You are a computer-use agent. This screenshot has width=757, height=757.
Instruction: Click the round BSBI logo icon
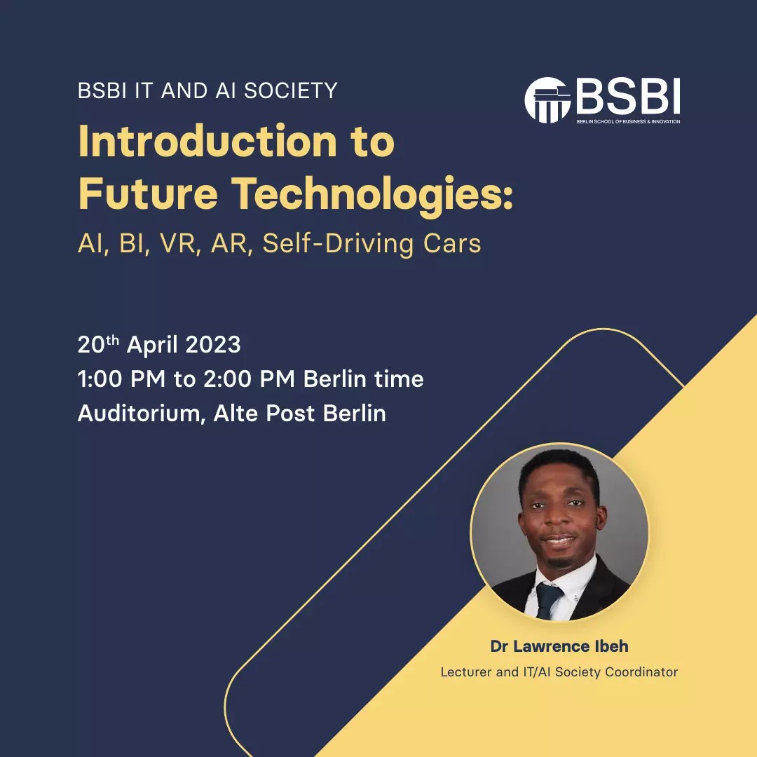pos(547,100)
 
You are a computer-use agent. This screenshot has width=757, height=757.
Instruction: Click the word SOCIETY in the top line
pos(291,90)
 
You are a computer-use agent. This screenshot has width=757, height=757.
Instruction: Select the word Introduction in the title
pos(207,141)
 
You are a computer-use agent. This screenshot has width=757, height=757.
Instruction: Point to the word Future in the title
pos(148,193)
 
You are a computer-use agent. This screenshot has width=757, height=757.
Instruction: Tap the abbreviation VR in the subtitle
pos(179,243)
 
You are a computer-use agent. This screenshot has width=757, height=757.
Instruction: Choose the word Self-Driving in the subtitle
pos(338,245)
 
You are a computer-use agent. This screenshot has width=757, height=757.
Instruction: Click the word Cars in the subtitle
pos(452,243)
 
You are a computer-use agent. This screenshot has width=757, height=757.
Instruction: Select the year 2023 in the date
pos(213,345)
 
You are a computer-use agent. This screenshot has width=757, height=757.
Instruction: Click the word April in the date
pos(152,346)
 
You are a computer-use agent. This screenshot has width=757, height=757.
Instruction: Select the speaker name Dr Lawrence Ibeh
pos(559,646)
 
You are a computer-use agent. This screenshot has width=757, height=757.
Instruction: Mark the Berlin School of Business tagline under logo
pos(628,121)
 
